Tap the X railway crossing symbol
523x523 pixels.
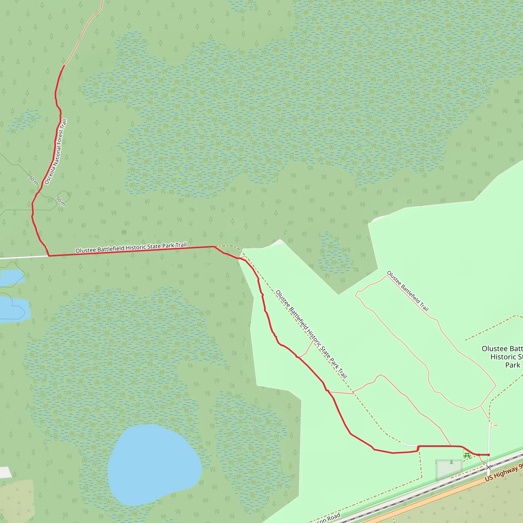pyautogui.click(x=488, y=467)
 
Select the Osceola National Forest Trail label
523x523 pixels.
pyautogui.click(x=55, y=152)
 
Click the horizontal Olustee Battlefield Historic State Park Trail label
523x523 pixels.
pyautogui.click(x=131, y=248)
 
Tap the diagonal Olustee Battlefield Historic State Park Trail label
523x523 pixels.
pyautogui.click(x=311, y=334)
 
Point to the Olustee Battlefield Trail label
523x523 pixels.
pyautogui.click(x=408, y=291)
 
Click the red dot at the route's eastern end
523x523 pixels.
pyautogui.click(x=489, y=455)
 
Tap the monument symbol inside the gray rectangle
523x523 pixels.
pyautogui.click(x=451, y=462)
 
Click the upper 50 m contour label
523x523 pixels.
pyautogui.click(x=33, y=180)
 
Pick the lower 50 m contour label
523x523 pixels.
pyautogui.click(x=61, y=201)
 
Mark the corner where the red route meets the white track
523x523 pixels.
pyautogui.click(x=49, y=256)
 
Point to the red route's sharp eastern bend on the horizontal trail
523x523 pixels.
pyautogui.click(x=214, y=246)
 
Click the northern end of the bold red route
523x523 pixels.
pyautogui.click(x=64, y=66)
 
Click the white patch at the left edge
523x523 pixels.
pyautogui.click(x=5, y=472)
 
